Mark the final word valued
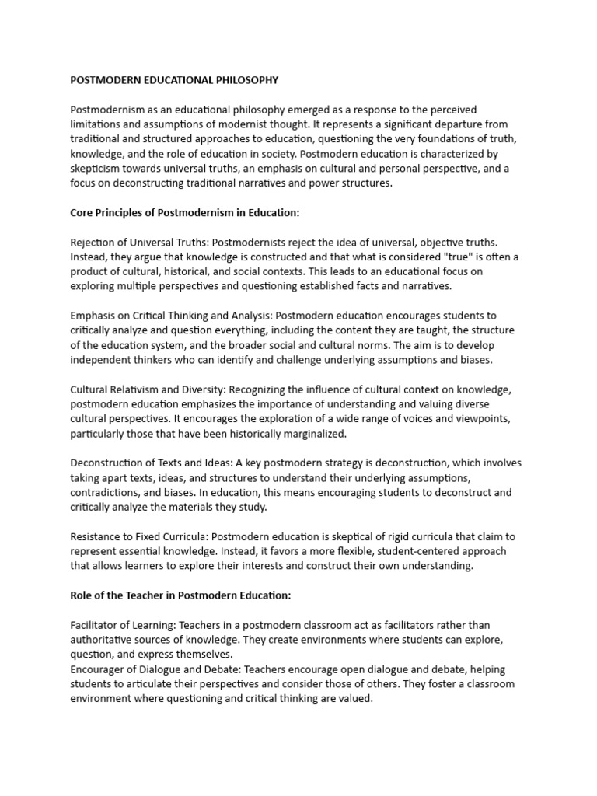click(x=354, y=699)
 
